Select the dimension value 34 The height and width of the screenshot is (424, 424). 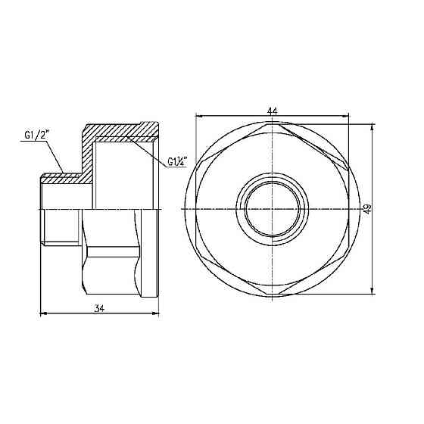(x=101, y=307)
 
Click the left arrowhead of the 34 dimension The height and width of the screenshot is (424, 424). (x=41, y=313)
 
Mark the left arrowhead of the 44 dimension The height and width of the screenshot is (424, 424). (x=198, y=116)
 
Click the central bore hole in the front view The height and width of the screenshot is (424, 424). (x=272, y=209)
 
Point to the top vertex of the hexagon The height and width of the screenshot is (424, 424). (x=272, y=126)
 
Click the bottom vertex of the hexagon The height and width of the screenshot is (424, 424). (x=272, y=293)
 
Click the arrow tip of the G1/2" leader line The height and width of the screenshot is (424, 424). (x=65, y=176)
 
